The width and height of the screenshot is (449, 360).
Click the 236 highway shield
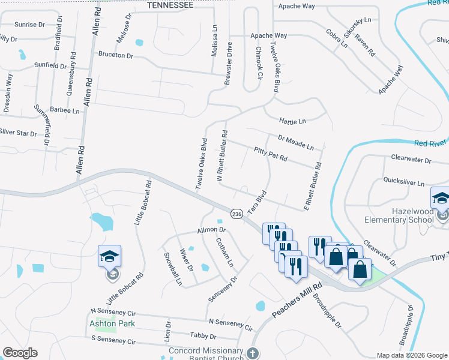237,214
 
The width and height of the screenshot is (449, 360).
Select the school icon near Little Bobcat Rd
110,257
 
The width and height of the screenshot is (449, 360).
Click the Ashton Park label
112,323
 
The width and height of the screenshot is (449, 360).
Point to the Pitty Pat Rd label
271,154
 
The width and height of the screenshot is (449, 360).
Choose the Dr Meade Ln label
296,142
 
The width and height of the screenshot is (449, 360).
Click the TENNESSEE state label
170,5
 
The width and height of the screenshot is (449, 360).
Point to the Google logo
20,353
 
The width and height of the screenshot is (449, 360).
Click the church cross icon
253,353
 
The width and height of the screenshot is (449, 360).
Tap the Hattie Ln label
293,121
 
